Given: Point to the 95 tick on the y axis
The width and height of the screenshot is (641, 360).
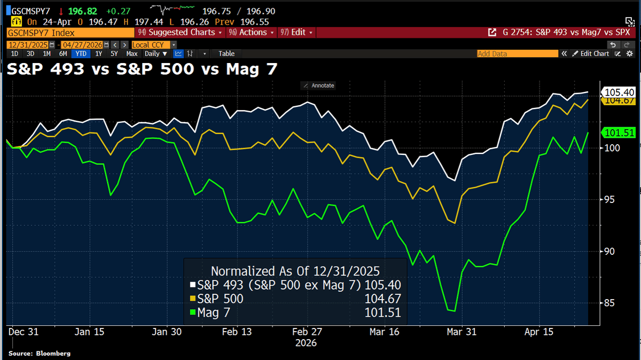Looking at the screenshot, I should tap(608, 199).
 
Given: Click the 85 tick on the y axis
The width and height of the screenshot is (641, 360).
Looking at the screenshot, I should tap(608, 303).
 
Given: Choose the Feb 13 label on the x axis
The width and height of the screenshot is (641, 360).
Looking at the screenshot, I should tap(236, 332).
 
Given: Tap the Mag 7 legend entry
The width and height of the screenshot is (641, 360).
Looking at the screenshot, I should tap(213, 313).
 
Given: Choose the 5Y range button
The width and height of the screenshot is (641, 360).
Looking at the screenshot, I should tap(114, 53).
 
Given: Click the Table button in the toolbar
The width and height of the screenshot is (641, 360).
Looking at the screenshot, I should tap(226, 53).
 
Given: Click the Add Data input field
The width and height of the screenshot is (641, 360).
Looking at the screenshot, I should tap(515, 53).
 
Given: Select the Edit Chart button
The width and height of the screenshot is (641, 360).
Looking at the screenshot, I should tap(591, 53).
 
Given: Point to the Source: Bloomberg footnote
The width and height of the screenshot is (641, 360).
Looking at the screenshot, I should tap(40, 354).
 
